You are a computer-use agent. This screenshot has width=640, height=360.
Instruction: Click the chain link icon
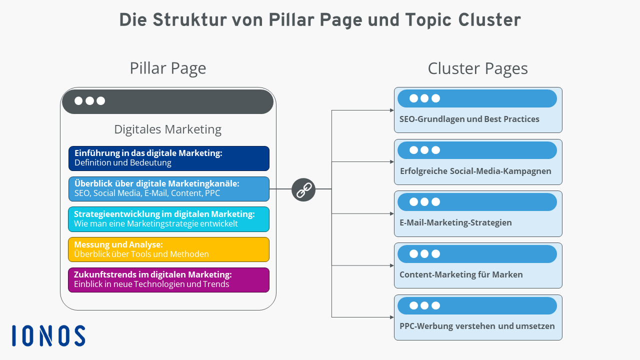303,189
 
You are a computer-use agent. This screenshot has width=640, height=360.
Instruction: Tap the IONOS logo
48,335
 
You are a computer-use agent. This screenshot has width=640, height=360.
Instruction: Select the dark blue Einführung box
168,158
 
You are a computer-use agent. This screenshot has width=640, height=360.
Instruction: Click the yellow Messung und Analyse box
168,249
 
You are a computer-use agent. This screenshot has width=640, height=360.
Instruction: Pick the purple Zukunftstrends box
168,279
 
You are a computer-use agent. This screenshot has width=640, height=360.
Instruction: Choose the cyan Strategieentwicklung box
168,219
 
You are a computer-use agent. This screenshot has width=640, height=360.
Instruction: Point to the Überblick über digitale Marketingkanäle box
168,188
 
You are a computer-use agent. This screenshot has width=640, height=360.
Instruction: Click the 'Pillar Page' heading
167,68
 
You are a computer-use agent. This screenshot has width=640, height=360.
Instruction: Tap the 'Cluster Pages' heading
477,68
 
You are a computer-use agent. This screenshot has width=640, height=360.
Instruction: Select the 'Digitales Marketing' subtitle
167,129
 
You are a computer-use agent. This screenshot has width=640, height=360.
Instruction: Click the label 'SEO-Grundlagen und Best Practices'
469,119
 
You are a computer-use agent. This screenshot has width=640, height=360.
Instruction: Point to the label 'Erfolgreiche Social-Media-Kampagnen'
475,171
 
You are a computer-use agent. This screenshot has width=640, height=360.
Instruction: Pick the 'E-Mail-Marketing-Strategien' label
455,222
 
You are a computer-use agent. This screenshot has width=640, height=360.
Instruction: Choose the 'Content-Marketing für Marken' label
461,274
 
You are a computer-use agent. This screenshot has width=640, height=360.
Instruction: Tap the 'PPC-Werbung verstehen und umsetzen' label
477,326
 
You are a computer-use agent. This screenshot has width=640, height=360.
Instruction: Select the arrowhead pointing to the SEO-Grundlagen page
391,110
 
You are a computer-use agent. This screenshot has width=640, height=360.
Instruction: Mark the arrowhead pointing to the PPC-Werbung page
391,317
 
